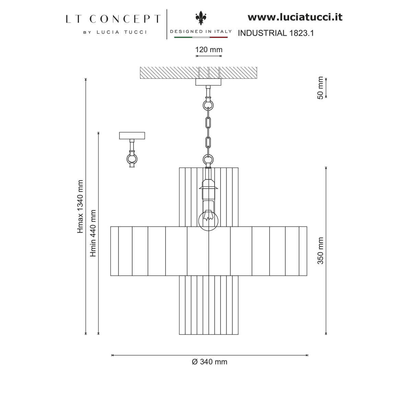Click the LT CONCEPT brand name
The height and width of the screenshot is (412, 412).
[113, 19]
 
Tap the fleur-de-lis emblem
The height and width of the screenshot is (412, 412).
[201, 18]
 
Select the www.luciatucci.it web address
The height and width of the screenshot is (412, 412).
[295, 17]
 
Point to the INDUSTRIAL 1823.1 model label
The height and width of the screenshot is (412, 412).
[276, 33]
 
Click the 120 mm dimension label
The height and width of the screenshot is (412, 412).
[209, 49]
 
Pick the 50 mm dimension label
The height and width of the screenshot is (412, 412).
[320, 88]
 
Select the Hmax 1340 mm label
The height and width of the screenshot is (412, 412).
[80, 207]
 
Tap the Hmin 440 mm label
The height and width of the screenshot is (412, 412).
[93, 233]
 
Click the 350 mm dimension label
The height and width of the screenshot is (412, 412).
[320, 251]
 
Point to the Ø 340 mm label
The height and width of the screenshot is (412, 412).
[209, 362]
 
